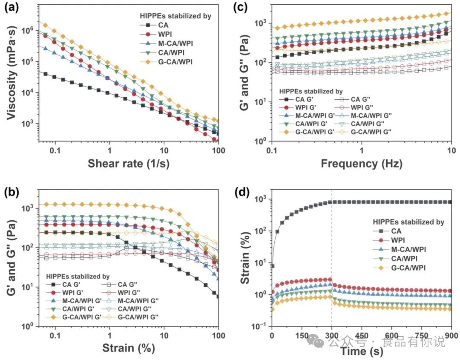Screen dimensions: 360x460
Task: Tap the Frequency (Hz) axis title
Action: click(361, 163)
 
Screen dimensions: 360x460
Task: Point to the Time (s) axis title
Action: click(361, 352)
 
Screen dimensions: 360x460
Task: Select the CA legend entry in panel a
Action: click(155, 26)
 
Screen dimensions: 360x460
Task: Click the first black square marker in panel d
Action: click(272, 266)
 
